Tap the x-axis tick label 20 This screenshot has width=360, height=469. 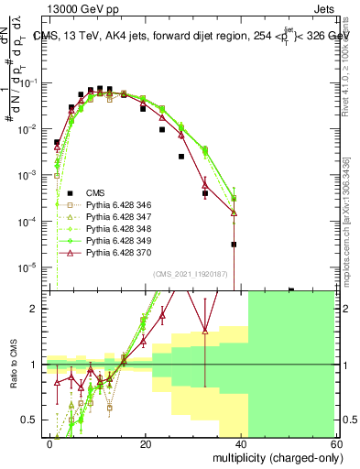tap(146, 443)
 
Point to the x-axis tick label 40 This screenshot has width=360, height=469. tap(242, 443)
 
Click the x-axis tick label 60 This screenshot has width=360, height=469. tap(337, 443)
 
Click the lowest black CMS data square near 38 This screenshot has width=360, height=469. tap(234, 245)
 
